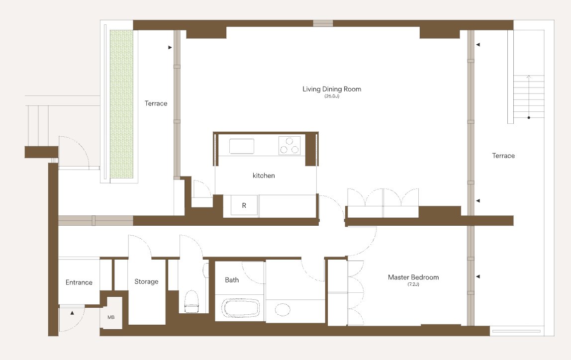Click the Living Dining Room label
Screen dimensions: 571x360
332,89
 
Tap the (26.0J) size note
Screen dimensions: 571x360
332,96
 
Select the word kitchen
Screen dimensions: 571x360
264,176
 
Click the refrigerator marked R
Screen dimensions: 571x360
244,205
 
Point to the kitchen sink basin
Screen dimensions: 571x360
241,146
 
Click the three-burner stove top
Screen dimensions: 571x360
289,145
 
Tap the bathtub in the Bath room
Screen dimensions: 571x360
241,308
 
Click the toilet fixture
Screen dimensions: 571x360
192,301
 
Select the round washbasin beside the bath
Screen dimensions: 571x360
283,309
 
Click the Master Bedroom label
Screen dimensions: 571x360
413,277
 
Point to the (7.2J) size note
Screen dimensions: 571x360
413,284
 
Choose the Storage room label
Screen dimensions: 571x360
146,281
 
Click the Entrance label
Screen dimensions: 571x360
79,282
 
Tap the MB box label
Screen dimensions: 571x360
111,317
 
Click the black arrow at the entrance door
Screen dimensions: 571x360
72,313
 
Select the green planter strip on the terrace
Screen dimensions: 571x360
122,104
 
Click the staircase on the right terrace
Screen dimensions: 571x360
529,96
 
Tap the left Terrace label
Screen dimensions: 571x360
156,103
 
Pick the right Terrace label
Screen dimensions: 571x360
503,156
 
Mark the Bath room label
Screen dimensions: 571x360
232,280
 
